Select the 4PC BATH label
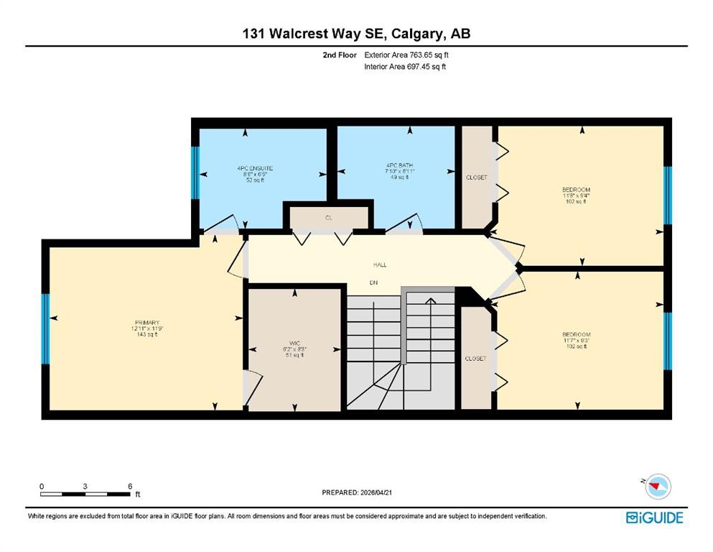coord(399,165)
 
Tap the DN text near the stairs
coord(373,282)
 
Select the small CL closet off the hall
coord(328,217)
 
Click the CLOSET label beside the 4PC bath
coord(476,177)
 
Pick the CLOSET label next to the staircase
coord(475,358)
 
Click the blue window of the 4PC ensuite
coord(194,172)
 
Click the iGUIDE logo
coord(654,517)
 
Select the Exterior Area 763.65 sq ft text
coord(409,55)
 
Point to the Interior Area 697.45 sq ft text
coord(406,67)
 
